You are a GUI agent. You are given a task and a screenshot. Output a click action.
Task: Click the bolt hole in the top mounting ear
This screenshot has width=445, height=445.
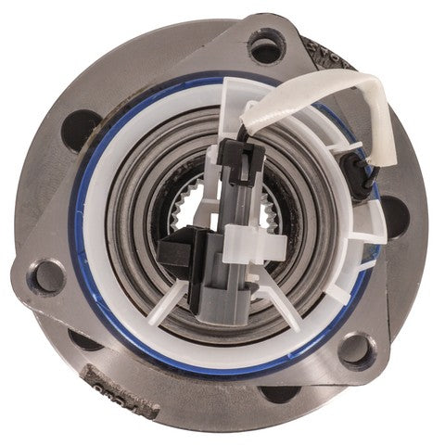pos(268,45)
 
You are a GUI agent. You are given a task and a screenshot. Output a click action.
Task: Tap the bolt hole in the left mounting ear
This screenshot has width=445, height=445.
pos(44,276)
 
